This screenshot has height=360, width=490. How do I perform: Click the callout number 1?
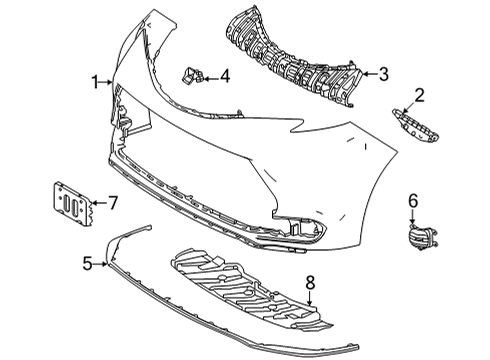coord(97,82)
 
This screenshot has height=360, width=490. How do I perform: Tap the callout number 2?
coord(420,95)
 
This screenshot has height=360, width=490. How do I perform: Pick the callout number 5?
coord(88,264)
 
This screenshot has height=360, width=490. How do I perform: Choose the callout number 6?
coord(412,201)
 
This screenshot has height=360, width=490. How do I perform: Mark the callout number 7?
coord(113,203)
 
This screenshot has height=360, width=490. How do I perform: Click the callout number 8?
coord(310,283)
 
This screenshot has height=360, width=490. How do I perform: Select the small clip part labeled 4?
coord(190,74)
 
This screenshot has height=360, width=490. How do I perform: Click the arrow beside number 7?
coord(97,203)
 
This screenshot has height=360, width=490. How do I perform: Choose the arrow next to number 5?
coord(103,264)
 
